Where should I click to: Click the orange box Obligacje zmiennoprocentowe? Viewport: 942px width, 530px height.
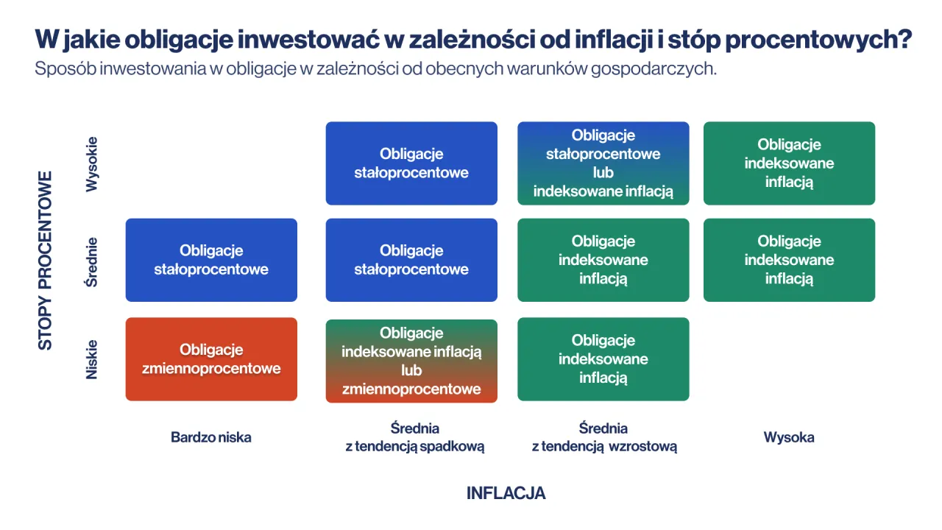(211, 359)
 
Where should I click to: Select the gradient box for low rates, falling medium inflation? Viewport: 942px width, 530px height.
(411, 361)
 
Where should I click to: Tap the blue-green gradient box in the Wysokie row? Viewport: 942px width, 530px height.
(603, 163)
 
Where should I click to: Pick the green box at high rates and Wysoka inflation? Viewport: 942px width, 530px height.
(789, 163)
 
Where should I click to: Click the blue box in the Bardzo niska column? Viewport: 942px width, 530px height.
(211, 260)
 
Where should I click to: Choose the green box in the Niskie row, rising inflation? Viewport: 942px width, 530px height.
(603, 359)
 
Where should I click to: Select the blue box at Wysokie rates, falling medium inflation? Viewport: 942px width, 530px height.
(411, 163)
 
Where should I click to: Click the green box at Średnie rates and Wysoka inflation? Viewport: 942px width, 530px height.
(789, 260)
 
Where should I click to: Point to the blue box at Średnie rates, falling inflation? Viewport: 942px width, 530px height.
(411, 260)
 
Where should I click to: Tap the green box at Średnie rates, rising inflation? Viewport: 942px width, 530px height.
(603, 260)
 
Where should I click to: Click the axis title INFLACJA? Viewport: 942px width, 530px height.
(506, 493)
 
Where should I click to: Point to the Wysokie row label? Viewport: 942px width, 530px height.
(92, 164)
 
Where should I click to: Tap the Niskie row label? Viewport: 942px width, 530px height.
(92, 359)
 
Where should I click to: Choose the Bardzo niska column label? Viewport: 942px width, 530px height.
(211, 437)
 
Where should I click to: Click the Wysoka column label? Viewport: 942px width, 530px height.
(789, 437)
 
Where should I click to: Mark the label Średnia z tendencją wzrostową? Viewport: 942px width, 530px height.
(603, 437)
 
